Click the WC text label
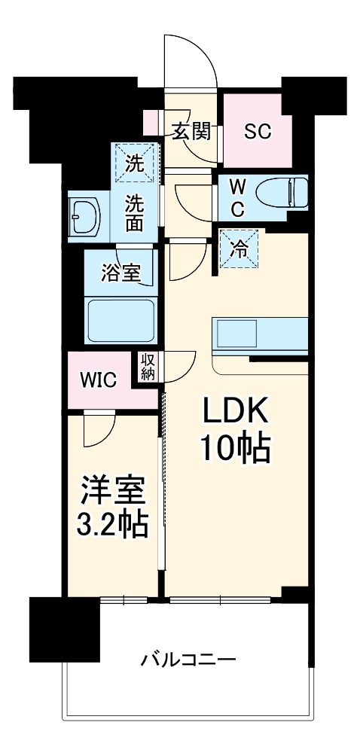point(236,197)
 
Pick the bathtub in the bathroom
point(121,322)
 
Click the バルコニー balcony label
point(188,660)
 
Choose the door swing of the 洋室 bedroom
point(99,430)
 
